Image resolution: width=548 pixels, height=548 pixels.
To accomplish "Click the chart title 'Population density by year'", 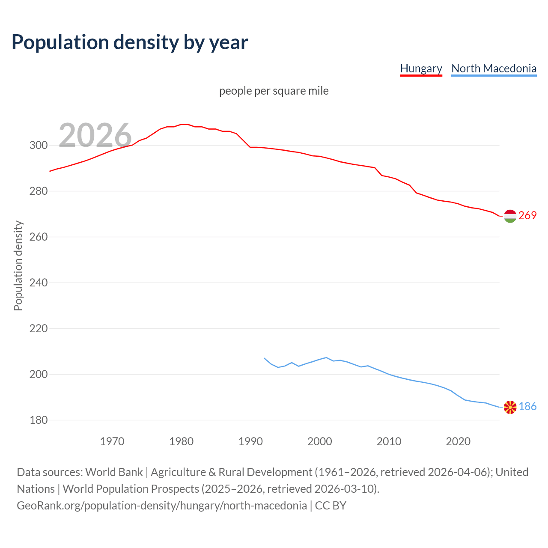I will tap(130, 42).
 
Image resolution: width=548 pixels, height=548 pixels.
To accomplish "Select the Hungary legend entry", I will tap(421, 68).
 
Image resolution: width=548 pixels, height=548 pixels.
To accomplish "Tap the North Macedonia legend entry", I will tap(494, 68).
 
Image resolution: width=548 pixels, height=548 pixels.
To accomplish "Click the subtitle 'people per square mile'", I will tap(274, 91).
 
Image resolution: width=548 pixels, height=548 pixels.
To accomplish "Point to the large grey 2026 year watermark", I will tap(95, 135).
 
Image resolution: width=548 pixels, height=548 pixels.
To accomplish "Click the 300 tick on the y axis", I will tap(39, 145).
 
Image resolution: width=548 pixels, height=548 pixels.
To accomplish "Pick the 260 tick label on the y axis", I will tap(39, 237).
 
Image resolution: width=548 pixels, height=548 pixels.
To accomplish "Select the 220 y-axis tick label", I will tap(39, 328).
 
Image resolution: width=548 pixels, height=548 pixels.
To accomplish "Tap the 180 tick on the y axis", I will tap(39, 420).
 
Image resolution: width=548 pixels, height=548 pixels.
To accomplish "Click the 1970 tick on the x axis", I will tap(112, 441).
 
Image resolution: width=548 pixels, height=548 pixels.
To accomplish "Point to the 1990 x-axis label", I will tap(250, 441).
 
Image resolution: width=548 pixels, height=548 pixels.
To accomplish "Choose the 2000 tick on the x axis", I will tap(320, 441).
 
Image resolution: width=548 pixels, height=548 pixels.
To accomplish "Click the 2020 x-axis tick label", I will tap(458, 441).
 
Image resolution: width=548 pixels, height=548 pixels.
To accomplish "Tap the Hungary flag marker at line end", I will tap(510, 216).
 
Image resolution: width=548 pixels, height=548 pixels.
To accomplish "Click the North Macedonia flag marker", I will tap(510, 407).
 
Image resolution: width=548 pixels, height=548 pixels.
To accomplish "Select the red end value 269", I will tap(527, 215).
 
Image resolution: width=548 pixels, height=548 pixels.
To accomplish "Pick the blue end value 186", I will tap(527, 406).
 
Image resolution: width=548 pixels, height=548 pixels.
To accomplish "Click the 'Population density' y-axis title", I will tap(18, 265).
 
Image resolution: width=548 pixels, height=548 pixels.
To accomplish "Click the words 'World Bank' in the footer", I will tap(114, 472).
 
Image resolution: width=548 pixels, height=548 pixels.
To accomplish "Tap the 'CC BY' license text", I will tap(331, 505).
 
